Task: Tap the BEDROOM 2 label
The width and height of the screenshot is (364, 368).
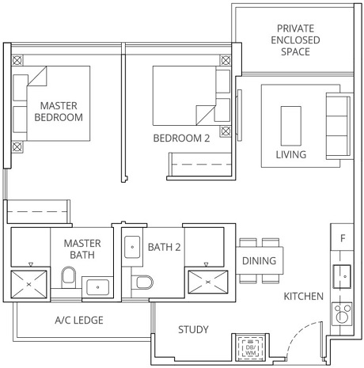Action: (x=181, y=138)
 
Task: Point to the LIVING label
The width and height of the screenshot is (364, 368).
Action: (x=290, y=154)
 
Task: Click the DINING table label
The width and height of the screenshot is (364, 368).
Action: (x=259, y=260)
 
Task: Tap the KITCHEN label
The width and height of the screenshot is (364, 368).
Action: (x=304, y=296)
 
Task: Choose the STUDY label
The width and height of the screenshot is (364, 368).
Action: (x=193, y=329)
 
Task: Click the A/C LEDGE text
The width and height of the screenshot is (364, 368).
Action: (x=79, y=321)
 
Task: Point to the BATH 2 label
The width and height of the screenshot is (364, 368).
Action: (x=165, y=247)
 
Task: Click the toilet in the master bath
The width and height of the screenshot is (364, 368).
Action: (x=68, y=277)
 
